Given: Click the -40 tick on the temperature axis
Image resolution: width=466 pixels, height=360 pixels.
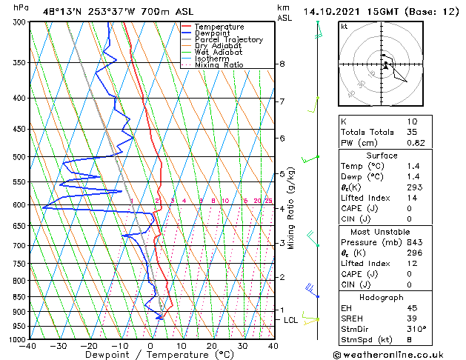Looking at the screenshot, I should pos(29,346).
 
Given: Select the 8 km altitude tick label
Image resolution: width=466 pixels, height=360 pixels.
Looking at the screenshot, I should pos(282,64).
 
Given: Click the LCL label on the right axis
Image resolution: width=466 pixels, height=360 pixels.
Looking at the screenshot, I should pos(291,320).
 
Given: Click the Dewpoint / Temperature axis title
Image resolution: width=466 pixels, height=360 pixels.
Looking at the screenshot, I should pos(150,355).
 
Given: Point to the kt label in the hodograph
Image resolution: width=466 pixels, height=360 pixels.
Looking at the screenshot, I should pos(344,26).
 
